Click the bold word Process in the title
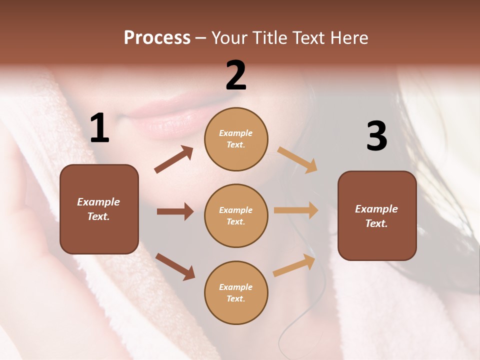[157, 38]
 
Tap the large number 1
[99, 128]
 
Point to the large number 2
[236, 75]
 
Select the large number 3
[376, 136]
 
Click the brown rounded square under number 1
[99, 209]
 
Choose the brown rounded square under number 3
[377, 215]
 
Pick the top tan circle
[236, 139]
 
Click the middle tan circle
[236, 215]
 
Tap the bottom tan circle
[236, 292]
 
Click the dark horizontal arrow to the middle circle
[175, 211]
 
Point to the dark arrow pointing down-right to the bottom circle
[175, 266]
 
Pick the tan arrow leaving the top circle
[297, 160]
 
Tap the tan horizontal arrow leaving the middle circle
[296, 210]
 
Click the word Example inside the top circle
[236, 133]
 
